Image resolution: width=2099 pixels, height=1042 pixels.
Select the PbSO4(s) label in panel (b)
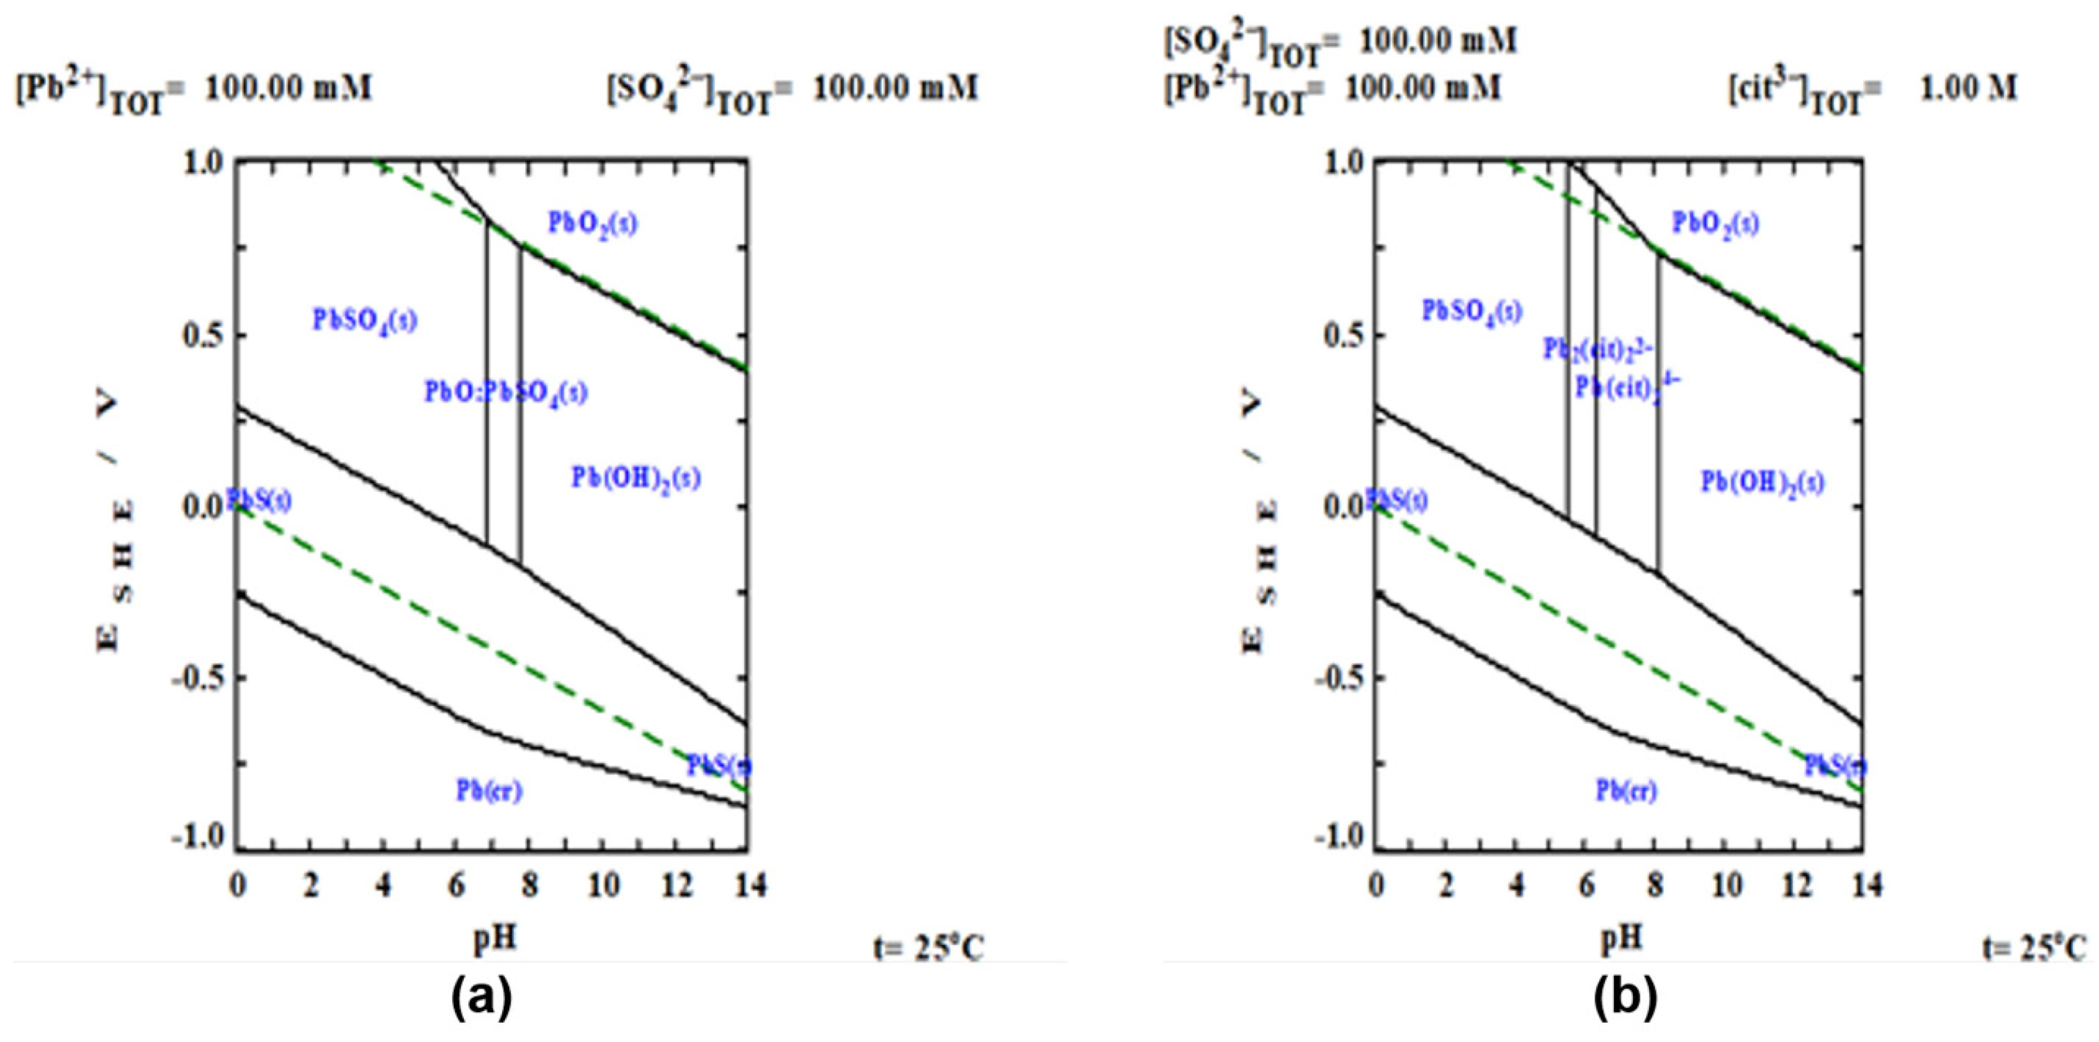(1471, 311)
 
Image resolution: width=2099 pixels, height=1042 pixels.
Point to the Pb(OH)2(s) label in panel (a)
(635, 477)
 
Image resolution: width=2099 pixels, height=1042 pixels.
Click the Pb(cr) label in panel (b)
(1626, 790)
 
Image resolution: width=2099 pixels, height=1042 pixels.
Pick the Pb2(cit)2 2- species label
(1597, 349)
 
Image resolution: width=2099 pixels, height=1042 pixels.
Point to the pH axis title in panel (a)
(494, 938)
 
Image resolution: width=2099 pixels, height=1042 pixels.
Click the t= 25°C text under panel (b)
(2032, 948)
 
